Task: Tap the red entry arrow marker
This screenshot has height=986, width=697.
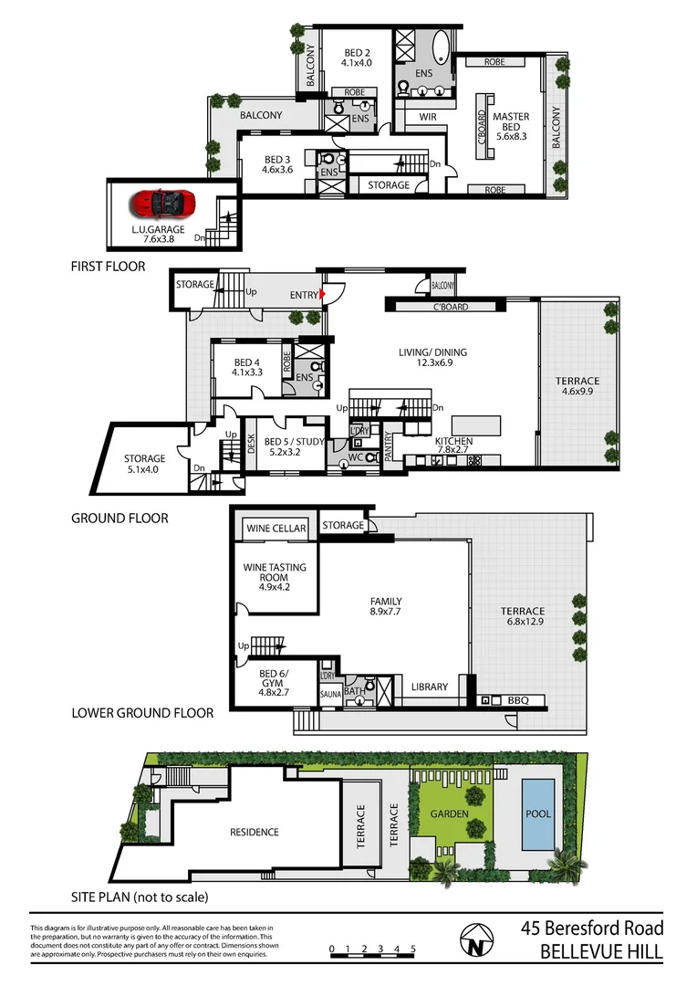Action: click(x=322, y=294)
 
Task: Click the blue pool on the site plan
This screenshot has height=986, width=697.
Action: click(x=537, y=813)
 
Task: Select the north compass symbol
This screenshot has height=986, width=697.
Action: click(x=473, y=942)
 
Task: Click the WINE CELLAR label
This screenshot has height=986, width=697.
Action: click(x=276, y=529)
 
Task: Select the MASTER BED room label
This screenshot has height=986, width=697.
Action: click(x=511, y=123)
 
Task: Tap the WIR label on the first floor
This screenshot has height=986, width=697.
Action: click(x=428, y=117)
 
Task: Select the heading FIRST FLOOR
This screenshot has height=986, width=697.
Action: click(x=108, y=267)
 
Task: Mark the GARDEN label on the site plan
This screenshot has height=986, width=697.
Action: click(x=451, y=813)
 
